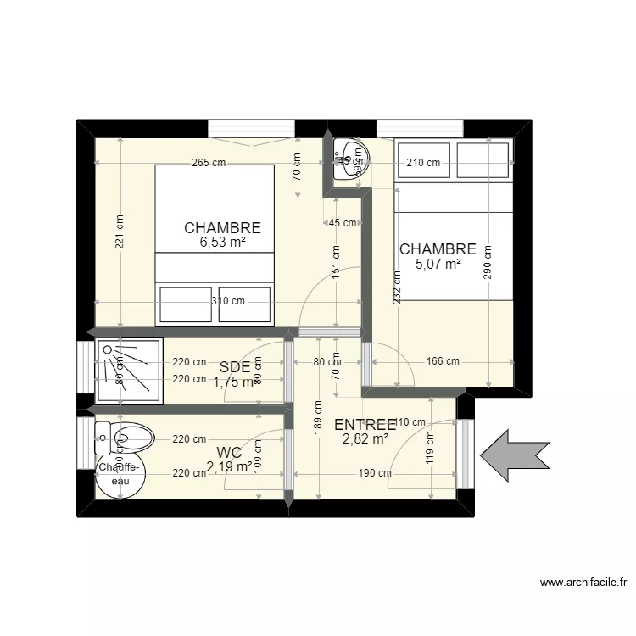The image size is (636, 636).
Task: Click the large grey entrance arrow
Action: (515, 455)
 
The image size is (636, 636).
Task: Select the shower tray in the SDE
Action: (128, 369)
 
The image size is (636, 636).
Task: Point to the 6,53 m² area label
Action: (222, 243)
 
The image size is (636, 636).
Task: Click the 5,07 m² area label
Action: (438, 264)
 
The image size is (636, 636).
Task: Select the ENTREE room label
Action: (365, 425)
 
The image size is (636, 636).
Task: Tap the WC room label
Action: (229, 452)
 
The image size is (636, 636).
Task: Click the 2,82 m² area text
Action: (365, 438)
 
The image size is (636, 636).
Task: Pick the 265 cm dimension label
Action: (209, 163)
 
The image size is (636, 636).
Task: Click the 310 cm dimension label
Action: (227, 300)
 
